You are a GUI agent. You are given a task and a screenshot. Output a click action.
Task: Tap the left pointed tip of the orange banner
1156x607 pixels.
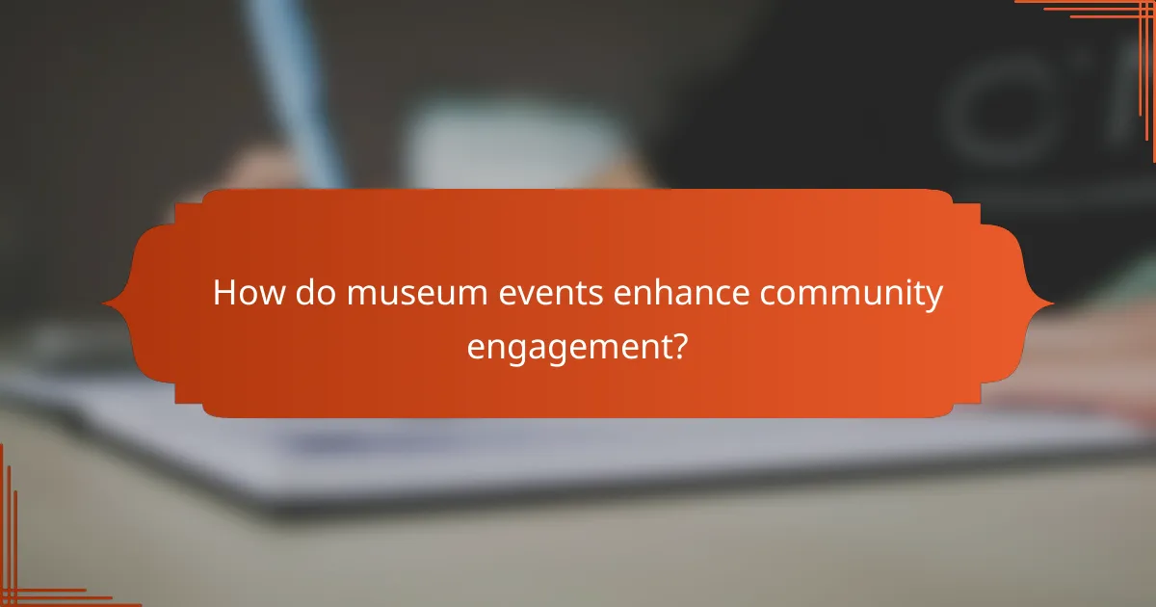[x=105, y=304]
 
